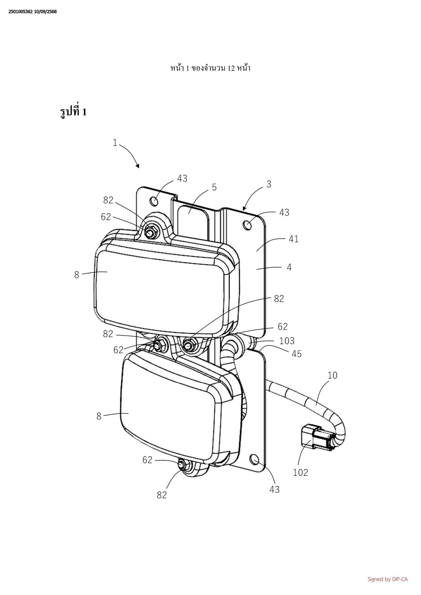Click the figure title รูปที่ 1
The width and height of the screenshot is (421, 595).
[73, 112]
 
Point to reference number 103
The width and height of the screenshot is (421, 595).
[287, 341]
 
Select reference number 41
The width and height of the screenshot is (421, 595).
[294, 239]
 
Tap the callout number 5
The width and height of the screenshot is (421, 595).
[214, 187]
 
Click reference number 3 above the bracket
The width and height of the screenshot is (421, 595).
[269, 184]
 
